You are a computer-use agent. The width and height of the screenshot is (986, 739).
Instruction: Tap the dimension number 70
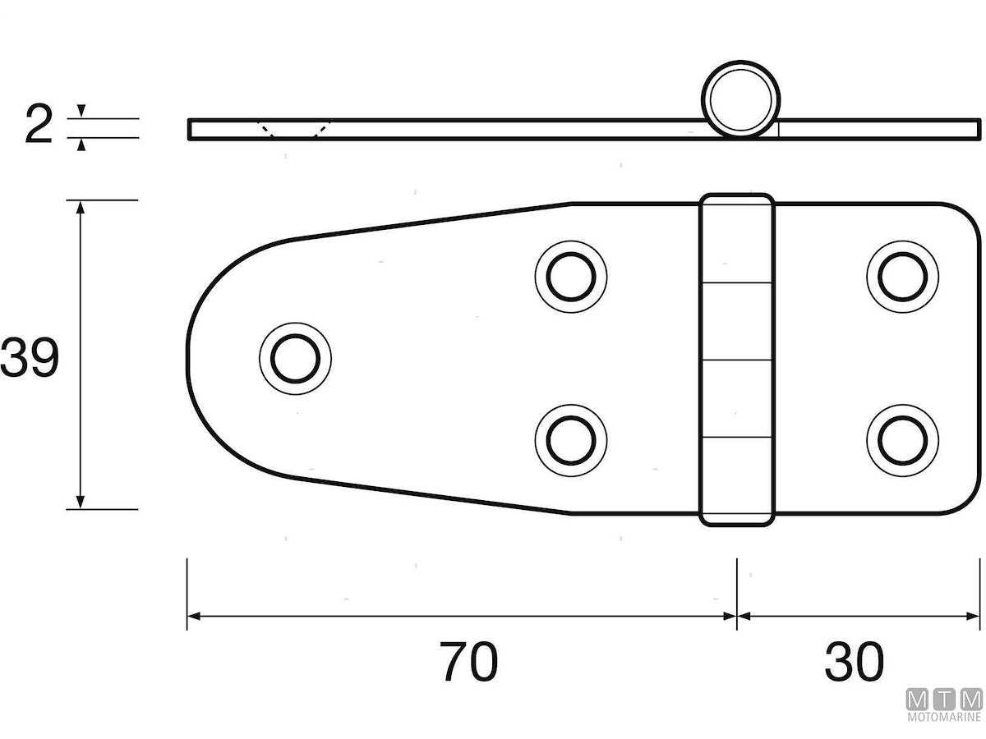pyautogui.click(x=468, y=662)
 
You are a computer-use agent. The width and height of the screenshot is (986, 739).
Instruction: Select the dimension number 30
pyautogui.click(x=855, y=662)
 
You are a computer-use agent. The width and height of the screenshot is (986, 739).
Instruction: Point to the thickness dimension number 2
pyautogui.click(x=39, y=123)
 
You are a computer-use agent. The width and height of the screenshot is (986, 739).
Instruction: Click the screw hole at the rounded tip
pyautogui.click(x=295, y=358)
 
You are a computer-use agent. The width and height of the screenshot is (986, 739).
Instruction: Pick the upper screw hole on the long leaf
pyautogui.click(x=571, y=277)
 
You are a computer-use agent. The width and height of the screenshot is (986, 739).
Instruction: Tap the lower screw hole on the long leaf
pyautogui.click(x=571, y=440)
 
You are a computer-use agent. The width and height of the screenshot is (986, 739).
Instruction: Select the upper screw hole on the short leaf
pyautogui.click(x=902, y=277)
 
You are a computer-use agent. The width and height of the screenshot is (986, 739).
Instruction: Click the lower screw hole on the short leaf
pyautogui.click(x=902, y=440)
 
